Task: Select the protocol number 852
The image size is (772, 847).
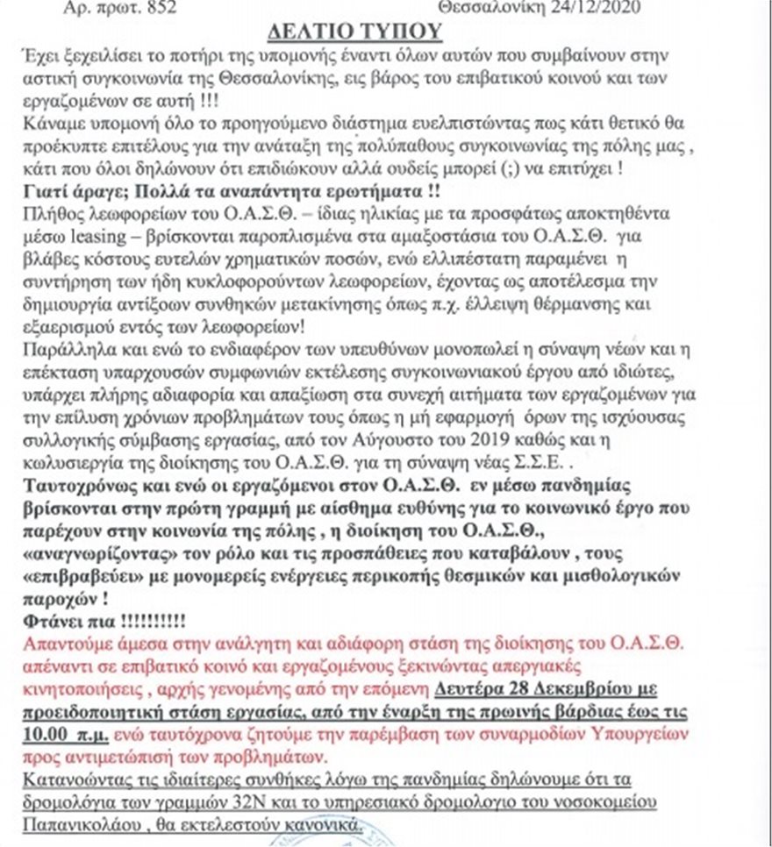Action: point(167,7)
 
